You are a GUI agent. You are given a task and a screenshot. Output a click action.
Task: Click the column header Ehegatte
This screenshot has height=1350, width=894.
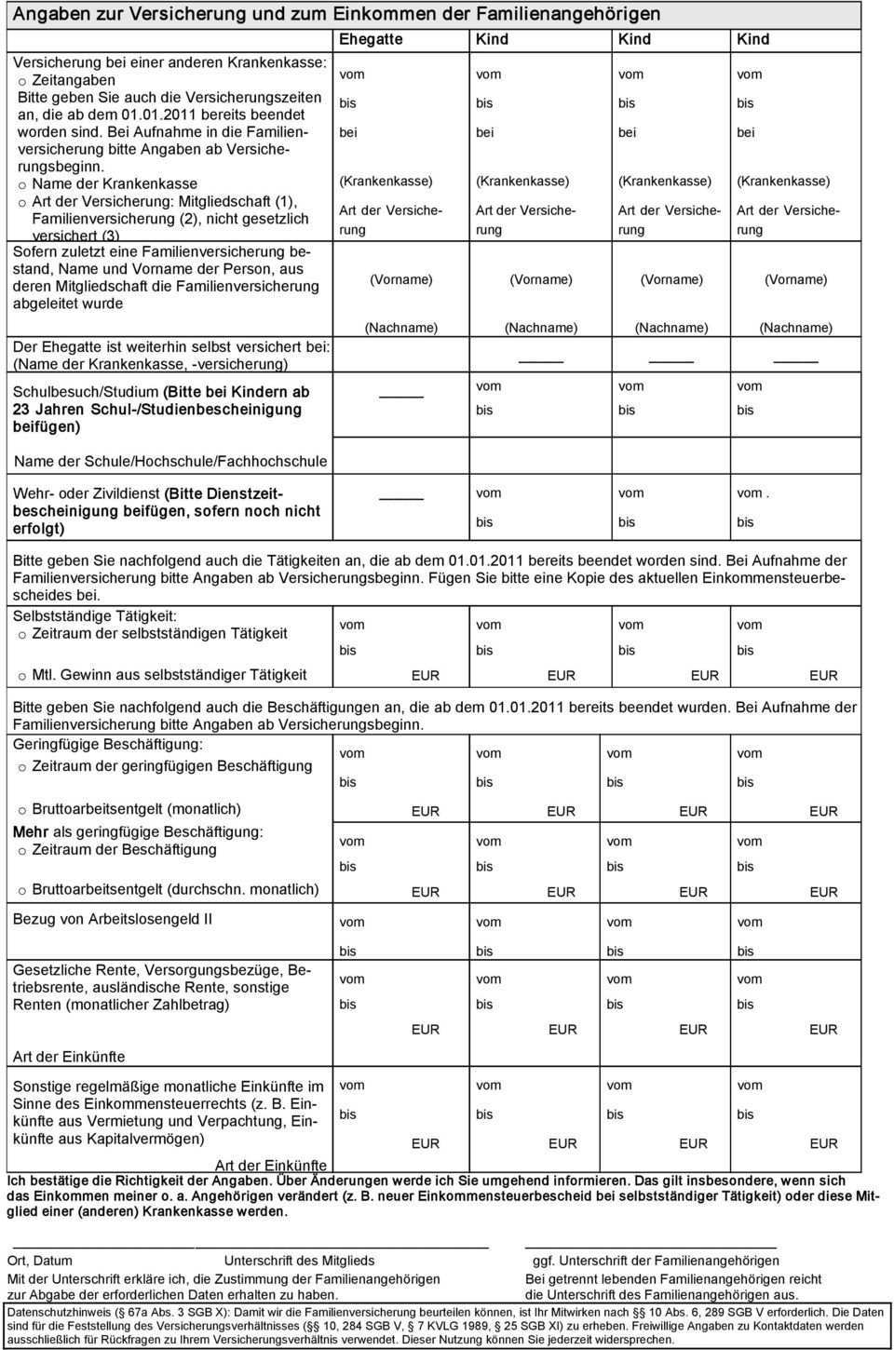tap(371, 39)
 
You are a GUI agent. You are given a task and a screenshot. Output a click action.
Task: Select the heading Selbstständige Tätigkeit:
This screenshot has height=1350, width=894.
tap(94, 616)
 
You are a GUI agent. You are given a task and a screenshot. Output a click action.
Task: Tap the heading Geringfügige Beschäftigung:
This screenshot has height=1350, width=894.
tap(107, 745)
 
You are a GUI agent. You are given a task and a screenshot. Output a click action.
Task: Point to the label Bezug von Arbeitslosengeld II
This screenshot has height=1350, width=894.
tap(112, 919)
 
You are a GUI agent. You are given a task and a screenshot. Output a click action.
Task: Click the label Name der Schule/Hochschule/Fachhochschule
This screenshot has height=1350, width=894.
tap(169, 461)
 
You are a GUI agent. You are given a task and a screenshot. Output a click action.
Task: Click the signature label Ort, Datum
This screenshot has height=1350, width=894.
tap(40, 1260)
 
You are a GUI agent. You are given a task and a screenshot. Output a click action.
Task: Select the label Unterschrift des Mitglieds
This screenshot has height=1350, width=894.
tap(299, 1260)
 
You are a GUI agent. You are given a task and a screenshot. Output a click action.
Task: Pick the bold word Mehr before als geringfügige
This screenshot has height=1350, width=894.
tap(31, 831)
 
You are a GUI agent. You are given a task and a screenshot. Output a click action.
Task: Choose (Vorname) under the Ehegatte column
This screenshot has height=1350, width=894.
tap(400, 279)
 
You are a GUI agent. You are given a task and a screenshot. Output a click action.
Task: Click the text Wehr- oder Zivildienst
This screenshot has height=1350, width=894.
tap(86, 493)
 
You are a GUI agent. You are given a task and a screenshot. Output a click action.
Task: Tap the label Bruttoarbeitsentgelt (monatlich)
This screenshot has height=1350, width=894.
tap(136, 809)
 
